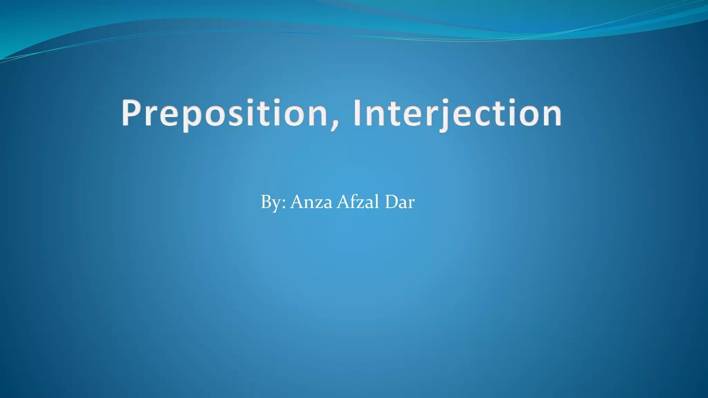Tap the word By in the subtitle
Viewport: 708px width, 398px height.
270,202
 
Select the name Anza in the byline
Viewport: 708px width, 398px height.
311,202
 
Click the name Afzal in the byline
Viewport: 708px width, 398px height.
358,202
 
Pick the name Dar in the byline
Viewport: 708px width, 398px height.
400,202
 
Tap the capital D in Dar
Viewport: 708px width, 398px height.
391,202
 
